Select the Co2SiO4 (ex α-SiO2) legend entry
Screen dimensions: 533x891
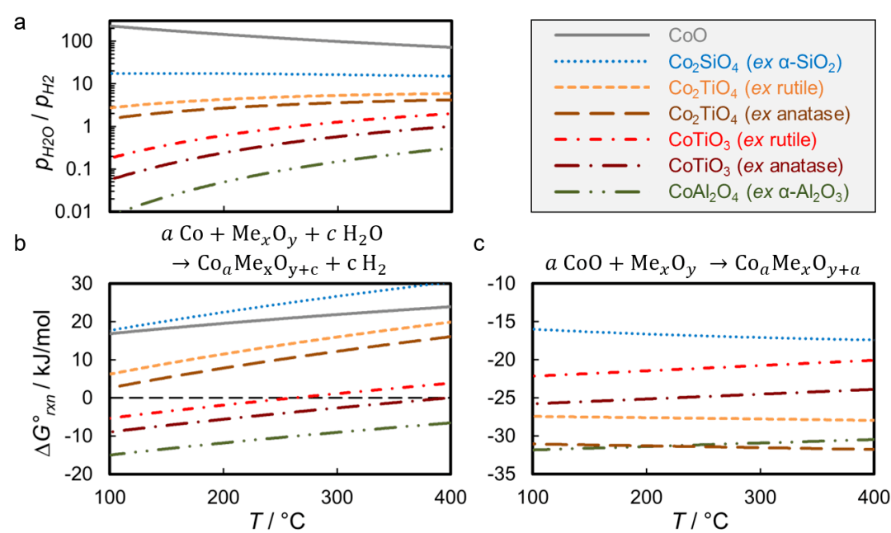pyautogui.click(x=754, y=62)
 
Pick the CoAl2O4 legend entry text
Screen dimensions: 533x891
pyautogui.click(x=755, y=191)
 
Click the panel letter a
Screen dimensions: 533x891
pyautogui.click(x=19, y=23)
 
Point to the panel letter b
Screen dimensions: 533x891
pyautogui.click(x=19, y=243)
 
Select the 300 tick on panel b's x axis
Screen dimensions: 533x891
pyautogui.click(x=336, y=499)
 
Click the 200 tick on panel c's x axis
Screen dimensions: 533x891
pyautogui.click(x=645, y=499)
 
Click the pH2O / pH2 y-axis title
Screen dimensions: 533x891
pyautogui.click(x=35, y=115)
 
